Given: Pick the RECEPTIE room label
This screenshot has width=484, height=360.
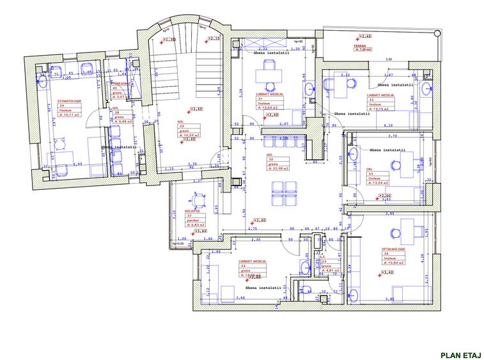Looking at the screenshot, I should [193, 210].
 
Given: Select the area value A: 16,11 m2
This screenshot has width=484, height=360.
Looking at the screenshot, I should [69, 115].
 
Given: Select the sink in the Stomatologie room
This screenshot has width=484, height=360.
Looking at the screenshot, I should [42, 82].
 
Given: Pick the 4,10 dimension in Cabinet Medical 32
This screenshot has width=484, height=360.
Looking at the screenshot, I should [388, 126].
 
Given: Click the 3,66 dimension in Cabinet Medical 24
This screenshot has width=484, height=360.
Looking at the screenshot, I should [242, 298].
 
